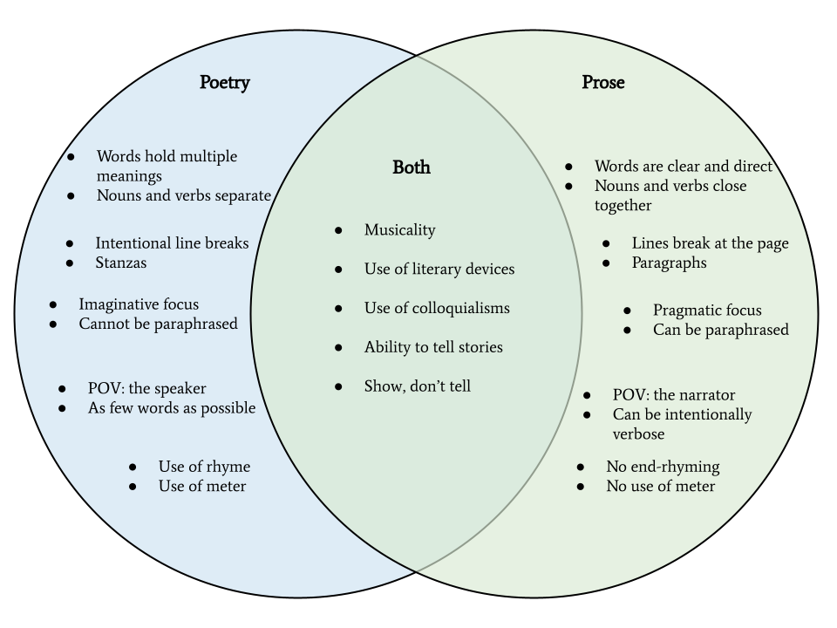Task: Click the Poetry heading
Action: pyautogui.click(x=224, y=83)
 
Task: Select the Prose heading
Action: pyautogui.click(x=603, y=83)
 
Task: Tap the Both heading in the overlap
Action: pyautogui.click(x=412, y=167)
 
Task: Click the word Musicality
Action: pyautogui.click(x=399, y=230)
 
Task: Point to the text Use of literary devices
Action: pyautogui.click(x=439, y=270)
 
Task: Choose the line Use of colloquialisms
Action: pyautogui.click(x=437, y=309)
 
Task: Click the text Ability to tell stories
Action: pyautogui.click(x=433, y=347)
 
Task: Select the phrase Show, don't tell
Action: pyautogui.click(x=418, y=386)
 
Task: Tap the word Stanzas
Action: pyautogui.click(x=121, y=263)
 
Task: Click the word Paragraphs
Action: pyautogui.click(x=669, y=263)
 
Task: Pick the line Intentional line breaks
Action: pyautogui.click(x=172, y=243)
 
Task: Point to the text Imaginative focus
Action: pyautogui.click(x=139, y=304)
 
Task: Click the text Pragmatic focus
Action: pyautogui.click(x=707, y=311)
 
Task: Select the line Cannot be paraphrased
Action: pyautogui.click(x=158, y=324)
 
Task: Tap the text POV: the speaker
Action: pyautogui.click(x=147, y=389)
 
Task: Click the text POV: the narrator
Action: pyautogui.click(x=674, y=395)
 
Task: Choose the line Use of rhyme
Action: pyautogui.click(x=204, y=467)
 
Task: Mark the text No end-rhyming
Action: pyautogui.click(x=663, y=467)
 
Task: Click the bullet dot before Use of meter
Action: pyautogui.click(x=133, y=487)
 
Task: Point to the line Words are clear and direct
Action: pyautogui.click(x=684, y=167)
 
